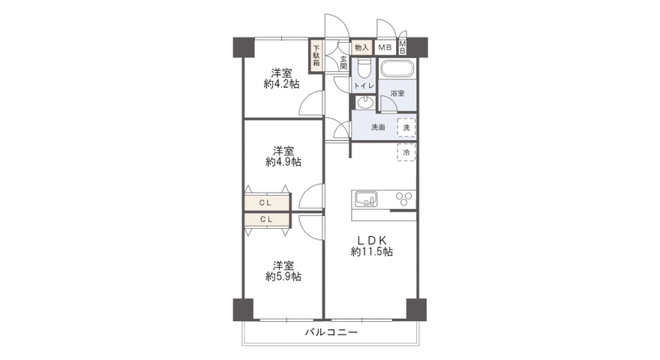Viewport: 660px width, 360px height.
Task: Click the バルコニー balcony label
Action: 331,332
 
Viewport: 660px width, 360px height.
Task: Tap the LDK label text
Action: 372,240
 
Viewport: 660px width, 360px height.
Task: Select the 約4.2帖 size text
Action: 281,84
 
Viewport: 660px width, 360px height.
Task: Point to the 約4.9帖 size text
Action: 283,162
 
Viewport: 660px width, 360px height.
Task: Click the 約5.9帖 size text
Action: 283,277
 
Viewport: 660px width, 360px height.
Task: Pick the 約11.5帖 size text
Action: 372,252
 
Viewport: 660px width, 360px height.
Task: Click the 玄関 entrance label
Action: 343,63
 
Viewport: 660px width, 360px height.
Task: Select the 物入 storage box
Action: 361,47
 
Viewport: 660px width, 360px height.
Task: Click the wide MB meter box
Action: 385,47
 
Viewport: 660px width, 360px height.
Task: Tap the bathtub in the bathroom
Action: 397,68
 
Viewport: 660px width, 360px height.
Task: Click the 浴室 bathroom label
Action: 397,93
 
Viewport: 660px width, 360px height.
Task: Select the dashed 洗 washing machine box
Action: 406,127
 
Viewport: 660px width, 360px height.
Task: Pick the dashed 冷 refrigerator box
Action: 406,152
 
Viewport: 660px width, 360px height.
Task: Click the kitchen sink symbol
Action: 366,199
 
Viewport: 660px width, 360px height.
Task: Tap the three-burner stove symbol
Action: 405,199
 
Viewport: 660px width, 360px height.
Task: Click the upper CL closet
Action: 267,202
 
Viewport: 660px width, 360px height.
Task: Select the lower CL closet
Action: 267,219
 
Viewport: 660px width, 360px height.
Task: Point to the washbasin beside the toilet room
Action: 364,102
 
